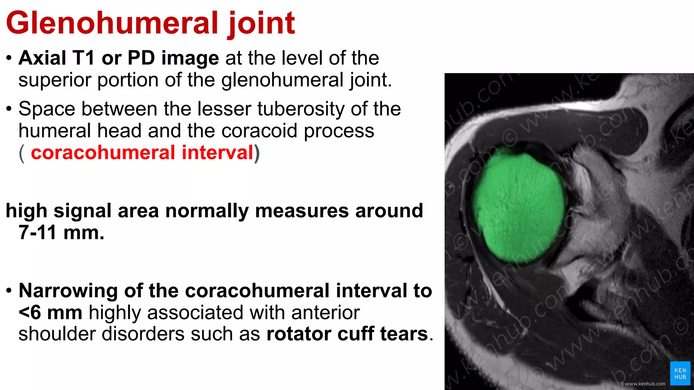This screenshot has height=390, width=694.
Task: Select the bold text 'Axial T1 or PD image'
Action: (x=119, y=58)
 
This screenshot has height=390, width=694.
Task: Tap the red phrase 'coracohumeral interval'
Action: (x=142, y=152)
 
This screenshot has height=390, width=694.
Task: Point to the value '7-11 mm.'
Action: (x=61, y=233)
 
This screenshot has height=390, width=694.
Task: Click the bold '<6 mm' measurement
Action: (x=50, y=312)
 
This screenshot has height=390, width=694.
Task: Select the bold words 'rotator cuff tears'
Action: (x=347, y=334)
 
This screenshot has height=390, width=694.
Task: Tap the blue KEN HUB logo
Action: (x=680, y=373)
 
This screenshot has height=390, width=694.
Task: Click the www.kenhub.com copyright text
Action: (x=643, y=384)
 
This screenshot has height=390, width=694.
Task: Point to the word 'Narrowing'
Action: (x=68, y=291)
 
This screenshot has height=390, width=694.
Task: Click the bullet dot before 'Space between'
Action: (x=9, y=109)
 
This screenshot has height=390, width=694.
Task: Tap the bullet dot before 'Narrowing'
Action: (x=9, y=291)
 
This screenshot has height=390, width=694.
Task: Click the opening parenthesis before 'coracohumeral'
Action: (x=22, y=153)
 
